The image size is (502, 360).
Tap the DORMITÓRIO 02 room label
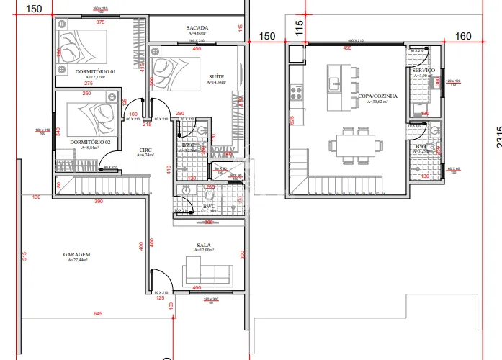[x=90, y=143]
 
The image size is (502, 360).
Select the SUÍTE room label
[x=215, y=76]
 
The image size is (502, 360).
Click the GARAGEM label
[x=76, y=254]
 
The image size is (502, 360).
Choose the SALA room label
[x=204, y=246]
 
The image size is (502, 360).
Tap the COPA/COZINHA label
[x=372, y=96]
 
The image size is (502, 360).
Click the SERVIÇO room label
[x=424, y=70]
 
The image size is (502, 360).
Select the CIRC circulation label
[x=145, y=150]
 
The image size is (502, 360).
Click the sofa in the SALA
[x=207, y=274]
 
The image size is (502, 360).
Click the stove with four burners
[x=295, y=92]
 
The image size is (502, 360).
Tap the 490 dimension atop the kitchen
[x=347, y=48]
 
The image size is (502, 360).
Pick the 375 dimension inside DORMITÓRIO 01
[x=100, y=22]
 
